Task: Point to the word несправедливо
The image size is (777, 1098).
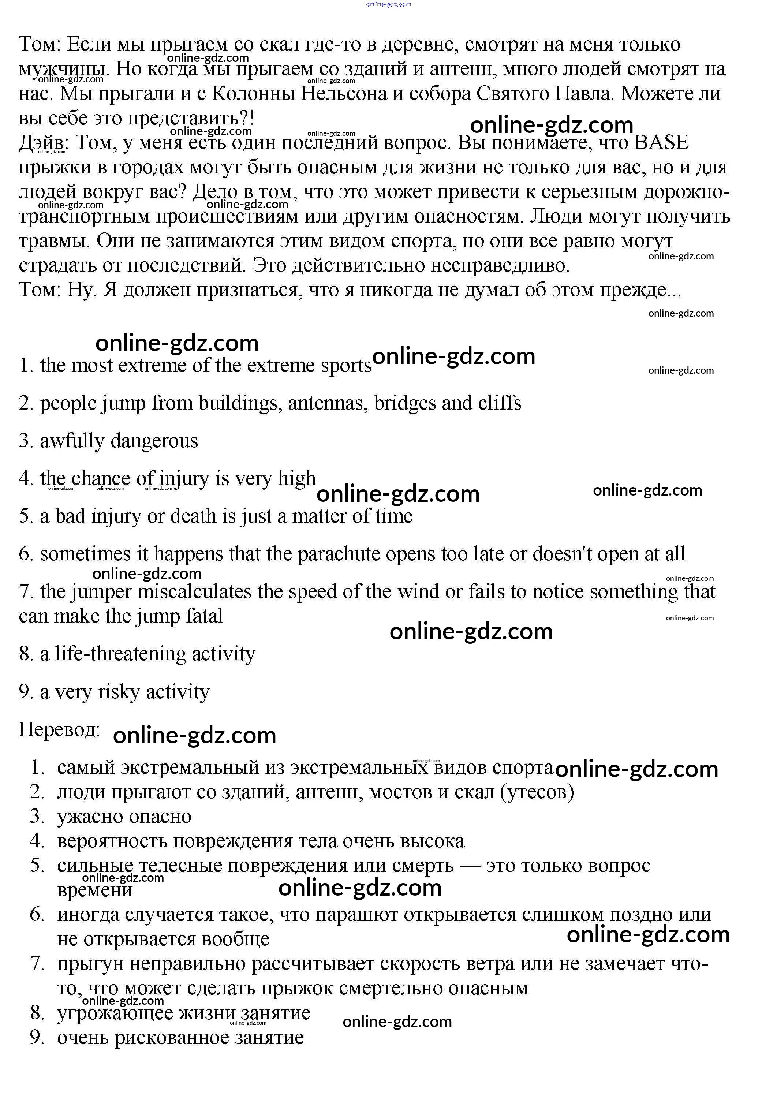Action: [x=500, y=265]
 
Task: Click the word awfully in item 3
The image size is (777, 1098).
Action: [x=72, y=441]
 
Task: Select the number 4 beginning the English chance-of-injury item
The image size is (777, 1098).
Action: [x=25, y=478]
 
